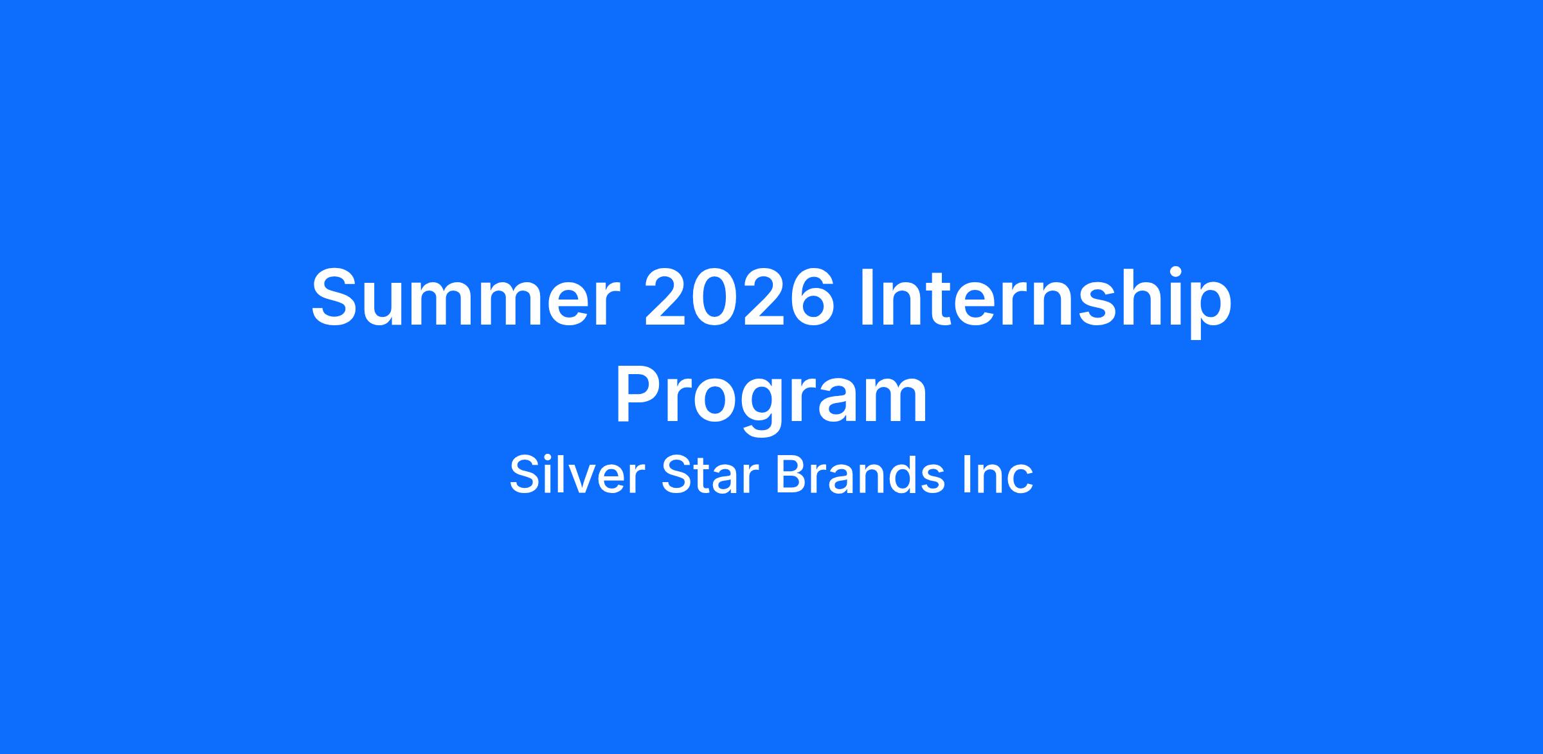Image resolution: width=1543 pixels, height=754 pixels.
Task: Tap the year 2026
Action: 739,298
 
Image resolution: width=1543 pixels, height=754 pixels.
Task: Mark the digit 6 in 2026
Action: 811,298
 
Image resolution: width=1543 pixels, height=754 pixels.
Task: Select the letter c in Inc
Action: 1019,480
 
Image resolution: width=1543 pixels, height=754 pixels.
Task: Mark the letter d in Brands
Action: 898,474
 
